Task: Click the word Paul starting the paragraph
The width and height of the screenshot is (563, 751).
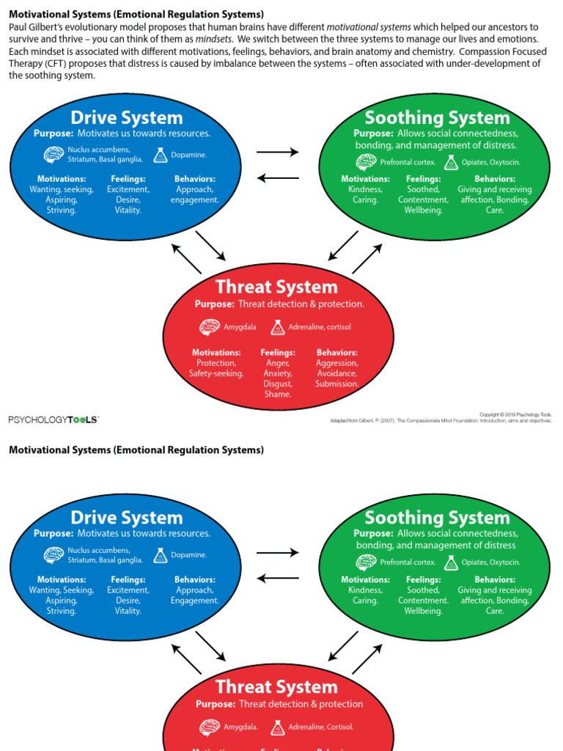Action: point(18,27)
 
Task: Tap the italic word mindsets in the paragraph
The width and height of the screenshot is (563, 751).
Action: point(213,39)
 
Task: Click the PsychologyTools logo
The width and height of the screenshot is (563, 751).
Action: point(53,420)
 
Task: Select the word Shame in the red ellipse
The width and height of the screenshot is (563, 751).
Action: point(278,394)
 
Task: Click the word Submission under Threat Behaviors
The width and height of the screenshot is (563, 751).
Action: point(337,384)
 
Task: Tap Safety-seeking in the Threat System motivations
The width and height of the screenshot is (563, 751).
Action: point(216,373)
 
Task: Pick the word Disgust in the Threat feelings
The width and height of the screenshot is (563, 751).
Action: point(278,384)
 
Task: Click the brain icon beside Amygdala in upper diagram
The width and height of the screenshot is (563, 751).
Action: point(210,326)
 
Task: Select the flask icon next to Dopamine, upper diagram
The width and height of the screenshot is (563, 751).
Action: point(161,155)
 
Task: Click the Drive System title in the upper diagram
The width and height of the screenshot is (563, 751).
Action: point(127,117)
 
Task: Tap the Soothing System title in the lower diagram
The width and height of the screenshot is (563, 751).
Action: point(437,518)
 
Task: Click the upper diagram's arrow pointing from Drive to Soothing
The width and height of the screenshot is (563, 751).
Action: point(278,153)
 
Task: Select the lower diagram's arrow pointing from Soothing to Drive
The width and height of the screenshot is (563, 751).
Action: point(278,578)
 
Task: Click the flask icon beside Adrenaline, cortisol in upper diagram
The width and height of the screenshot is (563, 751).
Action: point(278,326)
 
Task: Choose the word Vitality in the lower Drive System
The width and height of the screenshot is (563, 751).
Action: point(128,611)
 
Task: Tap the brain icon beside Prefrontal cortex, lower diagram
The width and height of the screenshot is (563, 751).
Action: point(367,563)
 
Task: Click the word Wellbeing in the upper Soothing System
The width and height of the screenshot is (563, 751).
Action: point(423,210)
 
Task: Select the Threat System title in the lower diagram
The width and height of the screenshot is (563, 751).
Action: point(276,687)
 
